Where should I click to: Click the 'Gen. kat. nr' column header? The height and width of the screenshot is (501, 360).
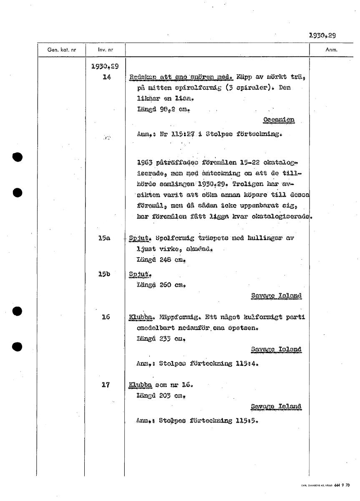(62, 50)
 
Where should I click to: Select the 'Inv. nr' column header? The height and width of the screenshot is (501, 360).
(105, 50)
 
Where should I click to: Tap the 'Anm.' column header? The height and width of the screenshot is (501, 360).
(331, 50)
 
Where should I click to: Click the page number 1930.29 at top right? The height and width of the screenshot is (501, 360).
(322, 35)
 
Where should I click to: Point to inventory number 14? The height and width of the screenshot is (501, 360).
(106, 77)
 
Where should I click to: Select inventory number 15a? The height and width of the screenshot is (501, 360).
(104, 238)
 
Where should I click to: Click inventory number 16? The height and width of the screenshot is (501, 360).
(106, 317)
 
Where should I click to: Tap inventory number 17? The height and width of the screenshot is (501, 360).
(106, 385)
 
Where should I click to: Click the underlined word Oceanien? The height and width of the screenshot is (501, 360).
(279, 120)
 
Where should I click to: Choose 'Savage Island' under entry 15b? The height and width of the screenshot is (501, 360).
(276, 296)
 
